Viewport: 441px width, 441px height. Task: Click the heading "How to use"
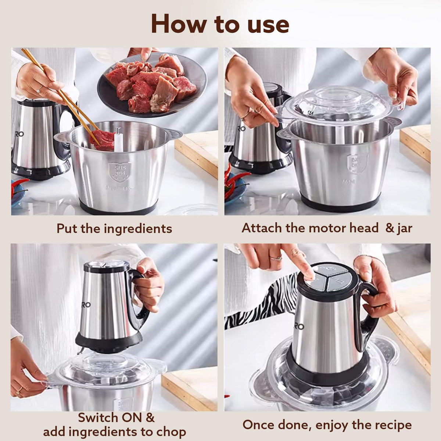click(x=220, y=24)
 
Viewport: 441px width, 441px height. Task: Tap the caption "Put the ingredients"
click(x=114, y=228)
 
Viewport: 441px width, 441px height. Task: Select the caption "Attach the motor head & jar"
click(x=327, y=228)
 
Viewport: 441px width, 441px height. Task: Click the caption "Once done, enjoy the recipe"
click(x=327, y=425)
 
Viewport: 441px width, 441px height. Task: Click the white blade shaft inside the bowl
click(x=118, y=140)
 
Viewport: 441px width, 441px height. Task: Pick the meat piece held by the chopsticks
click(x=103, y=140)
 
